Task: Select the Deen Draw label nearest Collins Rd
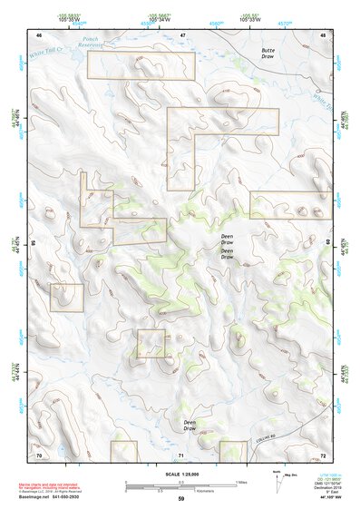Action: coord(190,425)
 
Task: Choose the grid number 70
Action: coord(39,454)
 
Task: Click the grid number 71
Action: coord(180,454)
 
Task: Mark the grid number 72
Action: coord(323,454)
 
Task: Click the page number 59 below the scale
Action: coord(180,499)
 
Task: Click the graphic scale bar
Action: coord(180,484)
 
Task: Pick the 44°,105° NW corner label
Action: coord(321,498)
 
